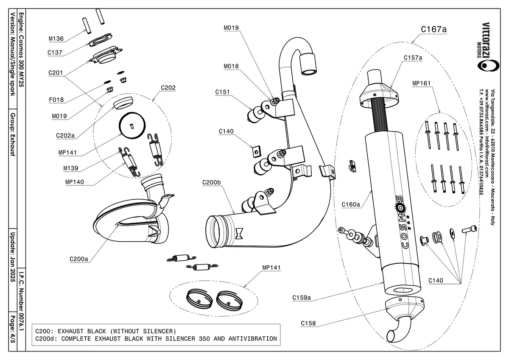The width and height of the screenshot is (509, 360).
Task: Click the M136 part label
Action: click(x=56, y=39)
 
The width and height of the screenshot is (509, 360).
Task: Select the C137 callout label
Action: click(x=56, y=53)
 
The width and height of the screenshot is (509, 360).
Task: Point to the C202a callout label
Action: click(x=65, y=136)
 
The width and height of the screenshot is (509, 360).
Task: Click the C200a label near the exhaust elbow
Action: click(x=79, y=259)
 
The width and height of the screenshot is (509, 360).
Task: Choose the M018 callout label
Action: click(x=231, y=67)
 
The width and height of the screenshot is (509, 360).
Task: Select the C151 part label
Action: click(x=223, y=92)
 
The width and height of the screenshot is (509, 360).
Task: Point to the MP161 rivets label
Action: click(x=422, y=84)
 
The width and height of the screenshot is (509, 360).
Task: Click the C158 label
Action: click(x=308, y=324)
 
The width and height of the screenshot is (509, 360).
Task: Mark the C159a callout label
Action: click(x=302, y=298)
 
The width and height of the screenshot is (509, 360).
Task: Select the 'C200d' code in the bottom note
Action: click(x=45, y=338)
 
